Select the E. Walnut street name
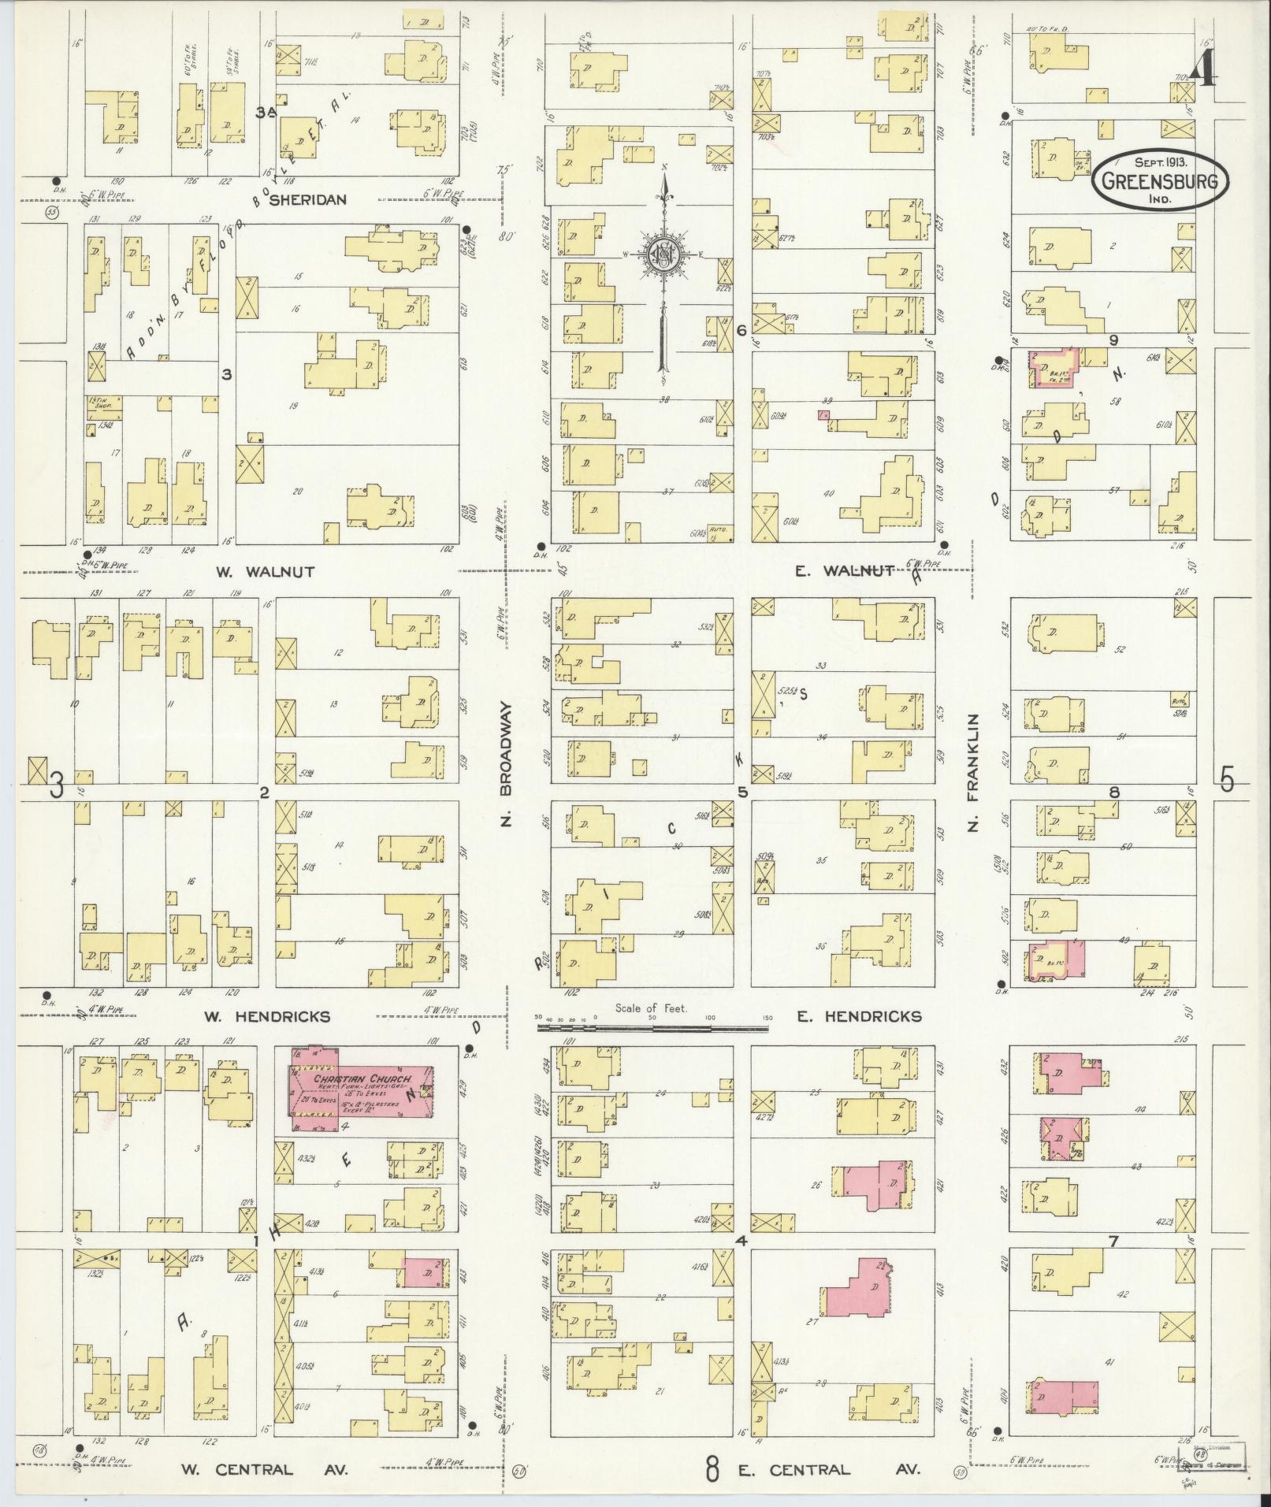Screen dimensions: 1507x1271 tap(844, 571)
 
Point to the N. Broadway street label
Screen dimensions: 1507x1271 tap(507, 764)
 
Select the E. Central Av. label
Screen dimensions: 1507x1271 tap(838, 1469)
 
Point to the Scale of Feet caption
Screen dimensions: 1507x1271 tap(652, 1008)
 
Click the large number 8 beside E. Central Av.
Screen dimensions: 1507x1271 tap(712, 1468)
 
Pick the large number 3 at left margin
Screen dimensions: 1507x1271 tap(57, 785)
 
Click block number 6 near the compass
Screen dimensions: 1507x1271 tap(741, 331)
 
